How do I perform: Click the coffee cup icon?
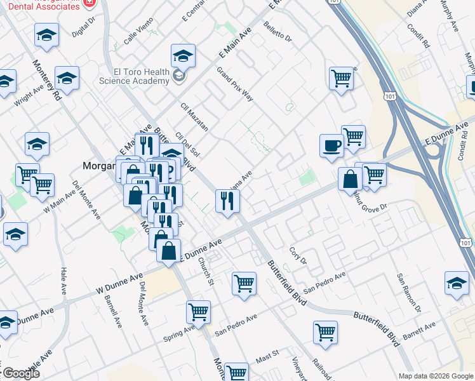coord(331,145)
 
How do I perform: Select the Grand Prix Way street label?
coord(235,84)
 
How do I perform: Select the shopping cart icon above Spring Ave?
coord(198,312)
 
